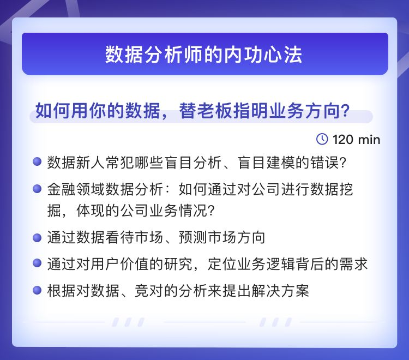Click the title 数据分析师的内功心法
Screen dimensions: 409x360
click(x=204, y=55)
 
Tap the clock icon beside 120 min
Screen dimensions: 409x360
click(x=322, y=139)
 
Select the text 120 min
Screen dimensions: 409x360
click(x=356, y=140)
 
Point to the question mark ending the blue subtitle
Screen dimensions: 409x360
click(x=345, y=111)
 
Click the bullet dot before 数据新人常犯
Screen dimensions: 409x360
click(x=37, y=161)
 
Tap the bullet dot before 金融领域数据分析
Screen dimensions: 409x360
click(x=37, y=189)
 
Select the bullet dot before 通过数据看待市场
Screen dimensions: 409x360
click(x=37, y=237)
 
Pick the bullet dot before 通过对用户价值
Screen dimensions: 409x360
click(x=37, y=263)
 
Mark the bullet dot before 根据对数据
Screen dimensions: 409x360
click(x=37, y=290)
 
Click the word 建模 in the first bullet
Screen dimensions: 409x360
click(x=281, y=162)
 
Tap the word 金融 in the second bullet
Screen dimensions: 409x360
click(x=62, y=189)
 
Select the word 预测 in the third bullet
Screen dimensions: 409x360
click(x=193, y=238)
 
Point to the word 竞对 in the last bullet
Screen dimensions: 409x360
click(x=149, y=291)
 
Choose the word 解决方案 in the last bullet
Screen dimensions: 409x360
click(x=280, y=291)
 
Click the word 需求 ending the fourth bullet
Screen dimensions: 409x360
click(x=353, y=264)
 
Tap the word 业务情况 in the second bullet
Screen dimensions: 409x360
click(x=178, y=210)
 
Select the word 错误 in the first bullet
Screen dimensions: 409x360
click(x=324, y=162)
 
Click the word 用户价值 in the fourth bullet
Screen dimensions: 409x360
click(x=120, y=264)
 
